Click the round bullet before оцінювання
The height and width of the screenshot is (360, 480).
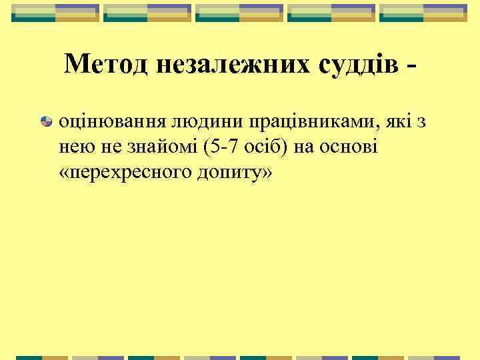(47, 121)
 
